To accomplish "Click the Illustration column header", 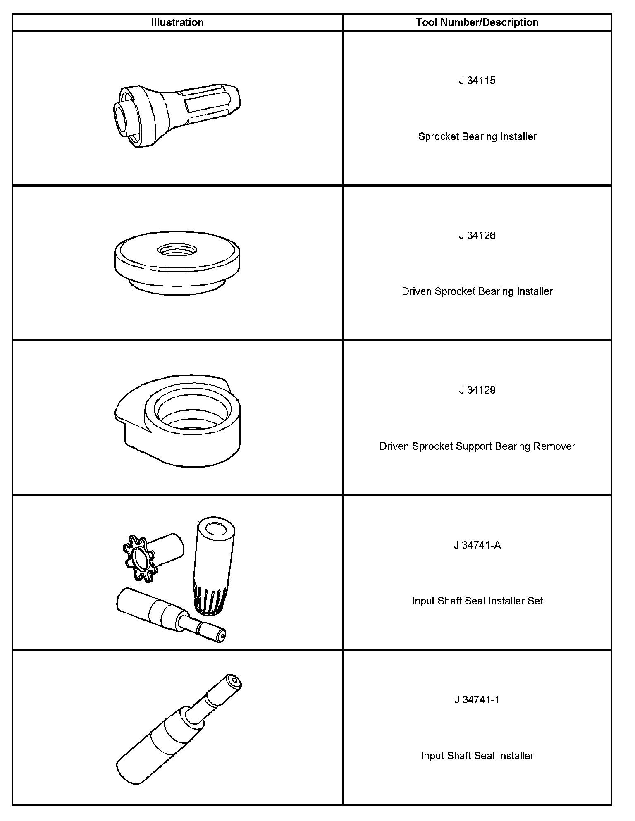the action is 177,22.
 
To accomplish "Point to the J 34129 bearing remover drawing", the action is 178,422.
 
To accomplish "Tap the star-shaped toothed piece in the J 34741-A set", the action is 139,559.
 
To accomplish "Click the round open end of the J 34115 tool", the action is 125,119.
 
